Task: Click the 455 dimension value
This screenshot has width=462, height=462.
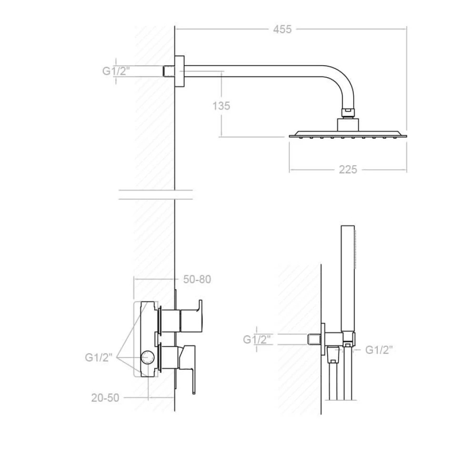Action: (x=282, y=29)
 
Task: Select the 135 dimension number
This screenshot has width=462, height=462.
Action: (x=221, y=106)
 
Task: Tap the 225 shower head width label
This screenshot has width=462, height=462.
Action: (x=348, y=170)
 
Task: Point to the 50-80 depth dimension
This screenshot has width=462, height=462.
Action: (x=197, y=279)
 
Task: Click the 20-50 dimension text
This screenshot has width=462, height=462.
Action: (x=105, y=398)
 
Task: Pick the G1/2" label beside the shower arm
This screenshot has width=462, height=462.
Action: (x=116, y=71)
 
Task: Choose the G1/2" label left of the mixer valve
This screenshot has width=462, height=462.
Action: (x=99, y=357)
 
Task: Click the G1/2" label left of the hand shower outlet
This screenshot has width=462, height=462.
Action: (x=257, y=340)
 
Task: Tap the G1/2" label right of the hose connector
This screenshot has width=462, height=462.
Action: (x=379, y=350)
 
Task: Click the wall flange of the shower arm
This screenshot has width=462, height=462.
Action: (x=180, y=71)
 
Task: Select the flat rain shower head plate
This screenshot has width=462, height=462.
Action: (x=348, y=135)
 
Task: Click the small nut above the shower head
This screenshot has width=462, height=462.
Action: (x=348, y=112)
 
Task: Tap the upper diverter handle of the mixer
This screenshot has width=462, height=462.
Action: (x=191, y=316)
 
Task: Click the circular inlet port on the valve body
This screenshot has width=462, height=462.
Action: (x=147, y=357)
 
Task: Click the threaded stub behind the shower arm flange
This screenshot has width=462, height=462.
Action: (x=169, y=71)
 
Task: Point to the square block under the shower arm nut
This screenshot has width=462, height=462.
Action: (x=348, y=125)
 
